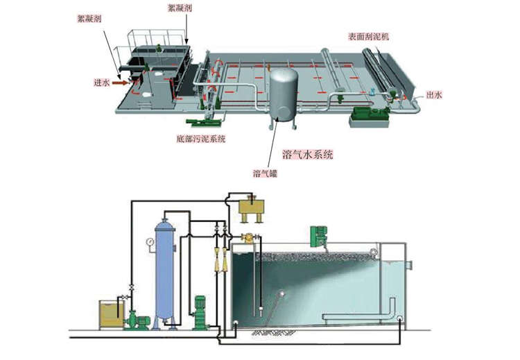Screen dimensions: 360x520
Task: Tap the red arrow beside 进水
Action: [120, 83]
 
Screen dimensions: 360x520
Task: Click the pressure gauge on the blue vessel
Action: [149, 242]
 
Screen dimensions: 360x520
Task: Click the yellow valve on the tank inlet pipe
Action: [246, 239]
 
